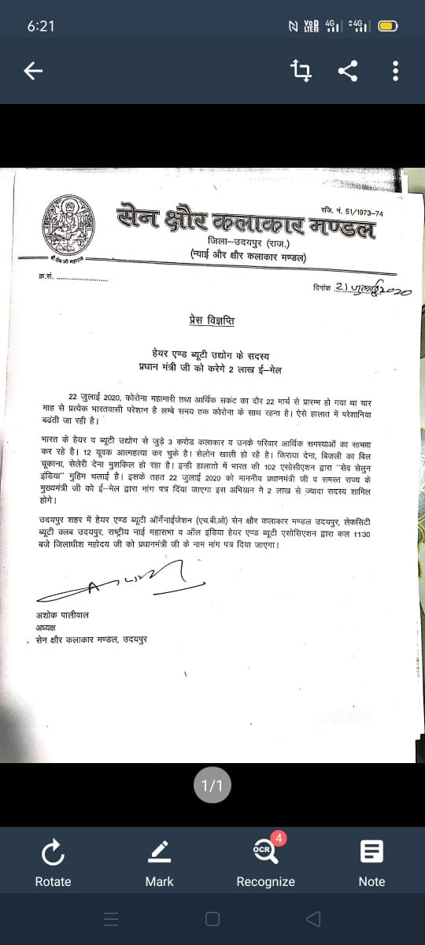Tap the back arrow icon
click(32, 72)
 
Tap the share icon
click(347, 72)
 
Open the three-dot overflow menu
click(395, 72)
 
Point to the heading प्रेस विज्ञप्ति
click(212, 321)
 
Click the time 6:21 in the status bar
click(41, 26)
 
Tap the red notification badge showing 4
click(281, 838)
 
